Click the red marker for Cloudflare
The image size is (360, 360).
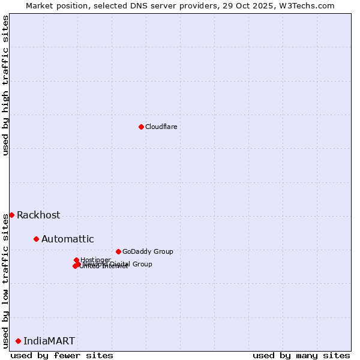[x=141, y=127]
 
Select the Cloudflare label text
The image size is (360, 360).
[x=161, y=127]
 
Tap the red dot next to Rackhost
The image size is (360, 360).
[x=11, y=215]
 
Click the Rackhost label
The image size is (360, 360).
[x=38, y=215]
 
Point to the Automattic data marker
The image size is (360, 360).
[x=36, y=239]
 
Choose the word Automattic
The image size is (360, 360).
[x=67, y=239]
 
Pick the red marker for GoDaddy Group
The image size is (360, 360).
[x=118, y=251]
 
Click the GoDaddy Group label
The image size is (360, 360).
[x=148, y=251]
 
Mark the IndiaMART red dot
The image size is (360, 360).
[x=18, y=341]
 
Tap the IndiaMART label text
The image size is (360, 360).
[x=49, y=341]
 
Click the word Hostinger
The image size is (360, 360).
[x=95, y=260]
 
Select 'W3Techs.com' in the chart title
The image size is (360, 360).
[x=309, y=5]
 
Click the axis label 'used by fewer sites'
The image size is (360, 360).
[x=62, y=355]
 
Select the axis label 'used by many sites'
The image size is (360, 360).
[x=301, y=355]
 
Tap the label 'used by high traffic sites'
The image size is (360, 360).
[x=5, y=86]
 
